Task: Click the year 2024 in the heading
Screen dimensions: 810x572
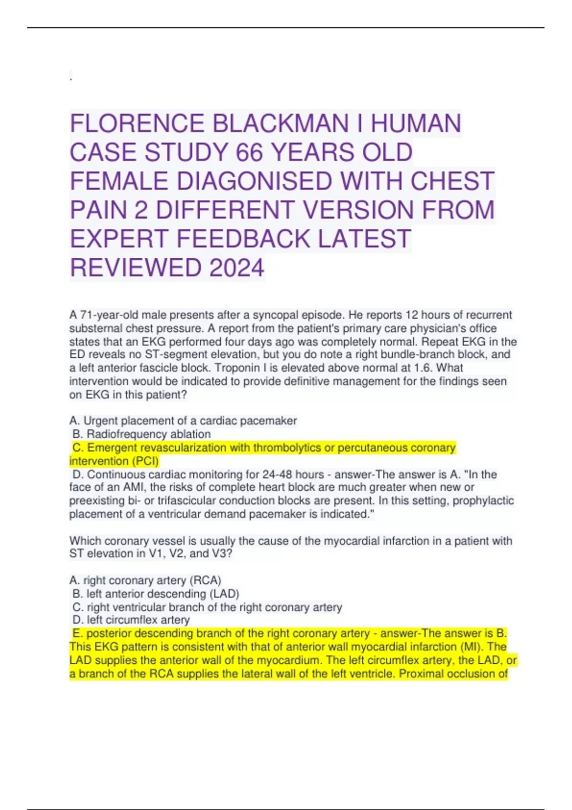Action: point(236,268)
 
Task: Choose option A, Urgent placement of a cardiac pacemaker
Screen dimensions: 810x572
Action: point(183,421)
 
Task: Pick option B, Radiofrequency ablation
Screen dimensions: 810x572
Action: point(142,434)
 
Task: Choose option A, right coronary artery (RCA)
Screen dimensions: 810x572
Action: point(145,580)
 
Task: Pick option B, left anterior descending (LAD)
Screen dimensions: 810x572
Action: point(156,594)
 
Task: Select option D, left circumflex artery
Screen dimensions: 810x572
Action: point(131,620)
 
